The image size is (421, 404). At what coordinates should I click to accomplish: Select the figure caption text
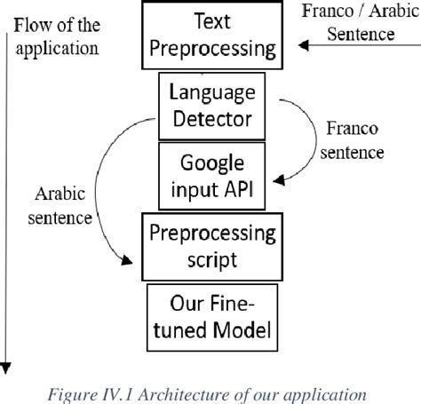[x=210, y=391]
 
